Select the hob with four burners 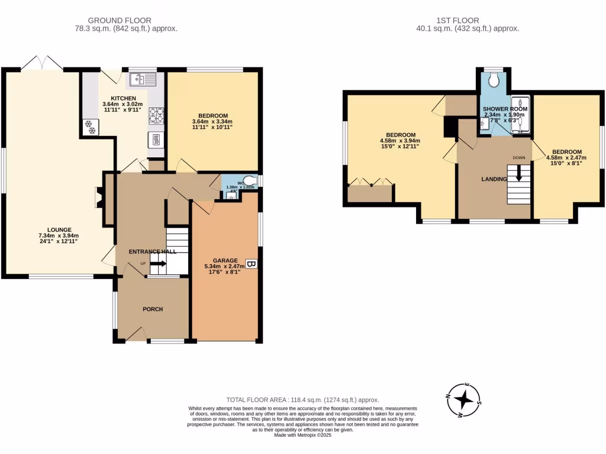pyautogui.click(x=156, y=115)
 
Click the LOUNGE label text pyautogui.click(x=60, y=230)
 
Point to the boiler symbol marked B pyautogui.click(x=251, y=264)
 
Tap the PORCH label pyautogui.click(x=153, y=309)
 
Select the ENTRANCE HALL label pyautogui.click(x=153, y=251)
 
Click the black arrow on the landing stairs pyautogui.click(x=519, y=173)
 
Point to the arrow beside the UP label pyautogui.click(x=159, y=264)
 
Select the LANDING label pyautogui.click(x=494, y=179)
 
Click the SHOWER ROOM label pyautogui.click(x=505, y=109)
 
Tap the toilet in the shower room pyautogui.click(x=494, y=80)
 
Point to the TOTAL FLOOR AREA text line pyautogui.click(x=302, y=400)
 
